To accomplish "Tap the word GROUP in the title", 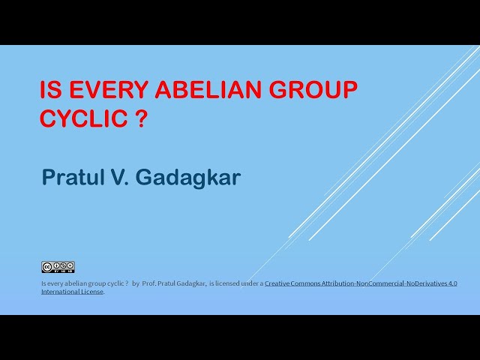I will (314, 91).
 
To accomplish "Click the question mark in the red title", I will (140, 118).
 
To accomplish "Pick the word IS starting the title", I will (50, 91).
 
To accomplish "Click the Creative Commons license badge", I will (58, 267).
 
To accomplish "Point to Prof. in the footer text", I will (149, 283).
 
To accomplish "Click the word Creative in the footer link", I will (278, 283).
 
